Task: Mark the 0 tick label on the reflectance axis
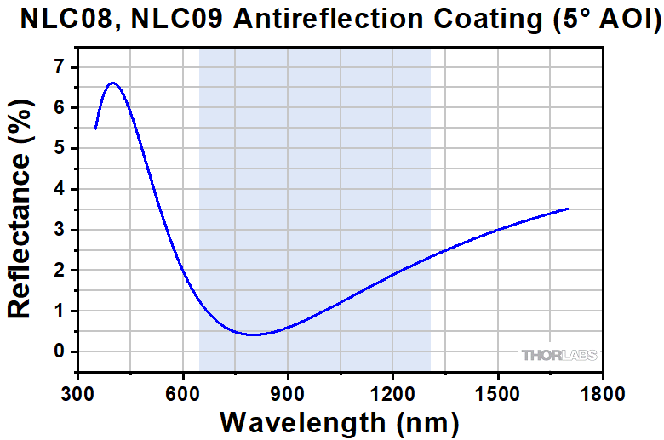point(59,351)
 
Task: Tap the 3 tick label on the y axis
point(59,230)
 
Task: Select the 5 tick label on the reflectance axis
point(59,149)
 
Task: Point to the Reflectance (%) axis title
point(20,209)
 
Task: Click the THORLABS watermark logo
point(559,355)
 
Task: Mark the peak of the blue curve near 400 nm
point(112,83)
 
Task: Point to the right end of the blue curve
point(568,209)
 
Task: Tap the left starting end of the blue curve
point(95,129)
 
